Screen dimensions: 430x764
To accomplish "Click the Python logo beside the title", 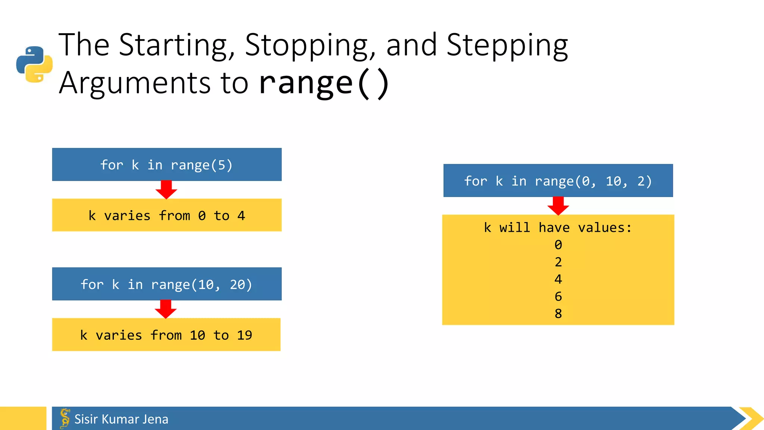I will [x=34, y=64].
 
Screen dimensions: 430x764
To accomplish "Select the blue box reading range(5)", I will [x=167, y=165].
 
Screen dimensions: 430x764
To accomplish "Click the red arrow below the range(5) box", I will [x=166, y=190].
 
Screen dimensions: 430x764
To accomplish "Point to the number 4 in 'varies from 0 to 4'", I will [x=241, y=216].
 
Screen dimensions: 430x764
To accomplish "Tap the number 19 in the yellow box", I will [x=244, y=335].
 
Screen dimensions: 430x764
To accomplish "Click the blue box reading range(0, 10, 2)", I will [x=558, y=181].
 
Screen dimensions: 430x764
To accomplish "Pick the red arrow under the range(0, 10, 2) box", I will [x=558, y=206].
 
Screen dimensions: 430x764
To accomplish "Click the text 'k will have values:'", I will [x=558, y=228].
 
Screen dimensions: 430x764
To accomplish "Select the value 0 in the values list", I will [x=558, y=245].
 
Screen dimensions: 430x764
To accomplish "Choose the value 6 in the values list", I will [x=558, y=296].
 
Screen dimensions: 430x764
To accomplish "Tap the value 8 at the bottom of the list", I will [x=558, y=314].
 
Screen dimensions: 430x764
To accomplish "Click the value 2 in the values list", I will [x=558, y=262].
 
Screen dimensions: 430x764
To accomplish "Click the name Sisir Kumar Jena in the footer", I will [x=121, y=419].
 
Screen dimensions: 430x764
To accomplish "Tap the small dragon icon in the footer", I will [x=65, y=418].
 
